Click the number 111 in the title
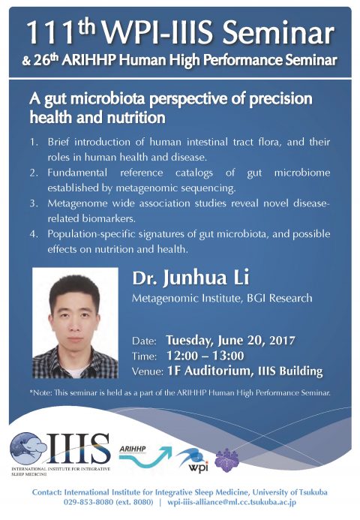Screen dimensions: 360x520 tap(50, 33)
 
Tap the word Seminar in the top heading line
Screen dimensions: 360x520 tap(278, 32)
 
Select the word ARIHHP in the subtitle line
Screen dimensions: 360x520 tap(88, 60)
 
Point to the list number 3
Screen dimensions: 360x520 tap(34, 203)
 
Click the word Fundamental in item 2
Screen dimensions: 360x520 tap(77, 173)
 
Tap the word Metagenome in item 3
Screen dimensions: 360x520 tap(77, 203)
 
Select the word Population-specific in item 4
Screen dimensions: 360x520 tap(91, 234)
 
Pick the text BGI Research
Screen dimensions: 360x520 tap(280, 298)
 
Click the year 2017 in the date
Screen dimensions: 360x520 tap(282, 341)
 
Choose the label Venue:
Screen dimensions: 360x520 tap(147, 371)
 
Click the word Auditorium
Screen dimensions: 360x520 tap(217, 371)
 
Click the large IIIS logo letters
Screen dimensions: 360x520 tap(78, 449)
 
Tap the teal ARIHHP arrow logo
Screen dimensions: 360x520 tap(145, 456)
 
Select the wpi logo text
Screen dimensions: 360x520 tap(198, 467)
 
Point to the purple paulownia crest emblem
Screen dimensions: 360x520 tap(226, 460)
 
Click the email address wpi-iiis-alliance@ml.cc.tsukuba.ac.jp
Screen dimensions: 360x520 tap(232, 503)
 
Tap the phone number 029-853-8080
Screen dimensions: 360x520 tap(88, 503)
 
